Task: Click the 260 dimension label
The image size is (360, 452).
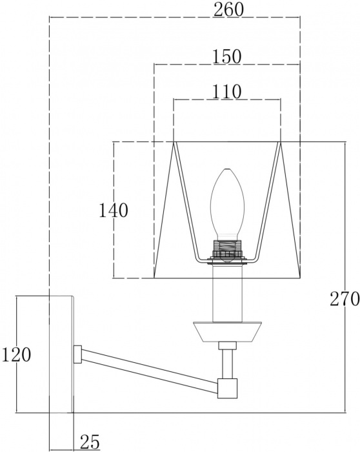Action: [228, 10]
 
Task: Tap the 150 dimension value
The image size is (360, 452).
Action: [226, 57]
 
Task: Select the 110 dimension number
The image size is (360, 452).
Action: [226, 92]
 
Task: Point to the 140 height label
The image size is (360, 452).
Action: [113, 210]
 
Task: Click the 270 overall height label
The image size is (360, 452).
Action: [345, 298]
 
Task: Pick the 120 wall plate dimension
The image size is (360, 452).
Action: [16, 354]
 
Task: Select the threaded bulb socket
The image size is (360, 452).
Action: [227, 250]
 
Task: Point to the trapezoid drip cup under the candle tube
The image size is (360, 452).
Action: [227, 331]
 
